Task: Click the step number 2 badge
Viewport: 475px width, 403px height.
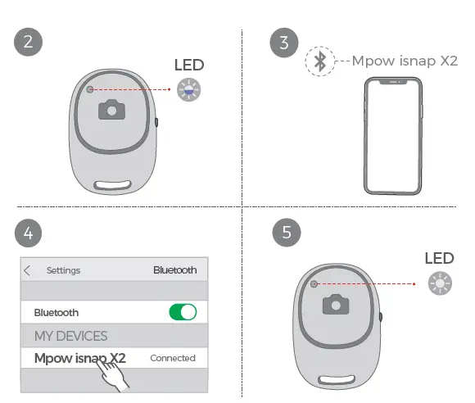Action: pos(29,43)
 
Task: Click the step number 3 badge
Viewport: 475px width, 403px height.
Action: pos(284,43)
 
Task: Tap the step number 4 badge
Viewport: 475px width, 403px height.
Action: pos(29,233)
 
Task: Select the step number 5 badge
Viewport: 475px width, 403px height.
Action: pos(286,233)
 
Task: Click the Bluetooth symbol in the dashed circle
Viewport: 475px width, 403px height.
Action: pos(321,62)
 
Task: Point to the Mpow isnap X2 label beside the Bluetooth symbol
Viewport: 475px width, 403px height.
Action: pos(405,61)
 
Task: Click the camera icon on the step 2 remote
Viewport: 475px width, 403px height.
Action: pos(111,110)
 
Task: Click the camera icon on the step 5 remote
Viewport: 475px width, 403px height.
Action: pos(334,305)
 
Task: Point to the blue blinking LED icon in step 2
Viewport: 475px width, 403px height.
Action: pos(189,90)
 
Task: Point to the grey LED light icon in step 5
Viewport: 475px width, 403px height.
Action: pos(441,284)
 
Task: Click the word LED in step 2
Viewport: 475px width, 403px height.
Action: pos(189,66)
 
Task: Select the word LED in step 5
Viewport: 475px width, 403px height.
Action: pos(440,259)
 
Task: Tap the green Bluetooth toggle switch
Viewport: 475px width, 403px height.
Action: pos(183,312)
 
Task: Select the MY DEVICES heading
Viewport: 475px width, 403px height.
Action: pos(70,336)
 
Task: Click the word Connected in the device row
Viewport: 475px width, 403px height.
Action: pos(173,358)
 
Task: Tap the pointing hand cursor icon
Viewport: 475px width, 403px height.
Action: pos(114,374)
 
